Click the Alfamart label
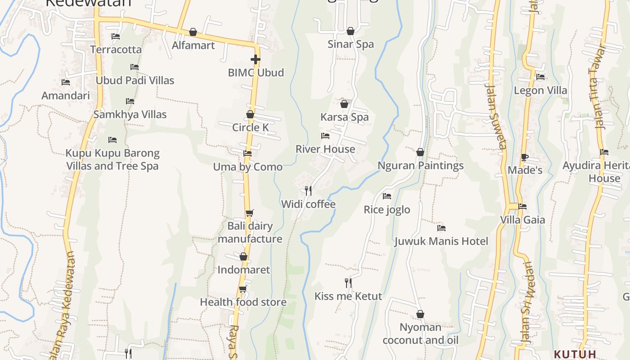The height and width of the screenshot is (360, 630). point(193,45)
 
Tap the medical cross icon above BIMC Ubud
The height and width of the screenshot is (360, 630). point(256,59)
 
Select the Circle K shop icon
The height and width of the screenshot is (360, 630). point(250,115)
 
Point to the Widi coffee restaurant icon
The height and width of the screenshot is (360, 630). point(308,191)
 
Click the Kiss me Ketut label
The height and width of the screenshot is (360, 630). point(348,296)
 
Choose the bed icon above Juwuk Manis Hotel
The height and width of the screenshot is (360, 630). point(441,228)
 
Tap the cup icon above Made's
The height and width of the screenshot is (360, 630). point(524,157)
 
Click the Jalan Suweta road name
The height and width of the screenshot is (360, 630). point(496,117)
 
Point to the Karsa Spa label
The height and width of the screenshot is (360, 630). point(344,117)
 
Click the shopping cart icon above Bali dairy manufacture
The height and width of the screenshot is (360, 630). point(249,213)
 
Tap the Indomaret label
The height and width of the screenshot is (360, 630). point(244,270)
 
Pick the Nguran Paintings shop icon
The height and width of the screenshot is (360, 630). point(420,153)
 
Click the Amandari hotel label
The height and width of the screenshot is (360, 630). point(66,95)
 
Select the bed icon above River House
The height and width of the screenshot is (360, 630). point(325,136)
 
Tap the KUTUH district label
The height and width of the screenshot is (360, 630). point(575,354)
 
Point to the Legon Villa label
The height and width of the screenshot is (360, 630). point(540,90)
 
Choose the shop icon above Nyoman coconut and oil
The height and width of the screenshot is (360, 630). point(420,314)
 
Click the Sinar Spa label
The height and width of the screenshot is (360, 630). point(351,44)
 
